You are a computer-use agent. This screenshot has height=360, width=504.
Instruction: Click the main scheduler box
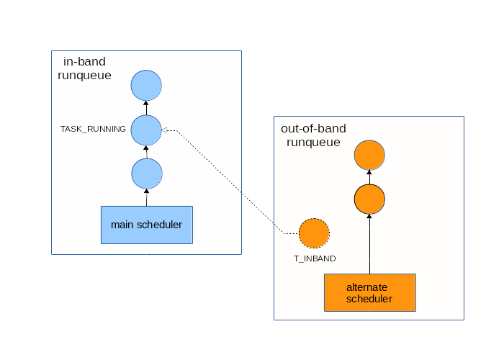(x=147, y=225)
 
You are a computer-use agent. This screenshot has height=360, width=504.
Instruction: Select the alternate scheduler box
(x=370, y=292)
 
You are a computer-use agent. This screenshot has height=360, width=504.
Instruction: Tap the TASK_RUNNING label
(x=93, y=129)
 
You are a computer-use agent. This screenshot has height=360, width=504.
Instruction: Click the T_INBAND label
(x=315, y=258)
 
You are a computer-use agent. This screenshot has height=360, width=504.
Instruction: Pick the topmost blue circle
(x=146, y=86)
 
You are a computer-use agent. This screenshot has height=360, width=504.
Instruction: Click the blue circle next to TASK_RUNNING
(x=146, y=130)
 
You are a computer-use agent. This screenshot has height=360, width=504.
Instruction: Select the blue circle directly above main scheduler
(x=147, y=174)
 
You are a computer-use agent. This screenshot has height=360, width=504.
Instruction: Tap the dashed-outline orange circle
(x=314, y=233)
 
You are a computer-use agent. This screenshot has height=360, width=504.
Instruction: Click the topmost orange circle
(x=369, y=155)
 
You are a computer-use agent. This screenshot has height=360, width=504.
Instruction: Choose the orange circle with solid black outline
(x=369, y=199)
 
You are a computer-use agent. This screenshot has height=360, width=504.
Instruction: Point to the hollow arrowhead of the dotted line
(x=165, y=130)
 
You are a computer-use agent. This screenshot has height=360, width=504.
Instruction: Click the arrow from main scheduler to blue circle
(x=147, y=198)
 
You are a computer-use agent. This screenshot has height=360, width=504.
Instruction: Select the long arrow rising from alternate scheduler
(x=369, y=244)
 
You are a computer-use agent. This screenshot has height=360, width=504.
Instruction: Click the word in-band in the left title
(x=84, y=61)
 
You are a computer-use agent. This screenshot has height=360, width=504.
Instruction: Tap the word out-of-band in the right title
(x=313, y=129)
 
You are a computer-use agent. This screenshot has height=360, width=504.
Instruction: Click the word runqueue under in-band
(x=84, y=76)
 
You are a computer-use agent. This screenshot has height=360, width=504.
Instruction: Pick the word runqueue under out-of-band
(x=313, y=143)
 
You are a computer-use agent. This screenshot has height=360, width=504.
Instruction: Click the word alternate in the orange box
(x=366, y=287)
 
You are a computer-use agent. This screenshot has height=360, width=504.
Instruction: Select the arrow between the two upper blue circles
(x=146, y=108)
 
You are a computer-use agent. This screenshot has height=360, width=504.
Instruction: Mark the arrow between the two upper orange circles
(x=369, y=177)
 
